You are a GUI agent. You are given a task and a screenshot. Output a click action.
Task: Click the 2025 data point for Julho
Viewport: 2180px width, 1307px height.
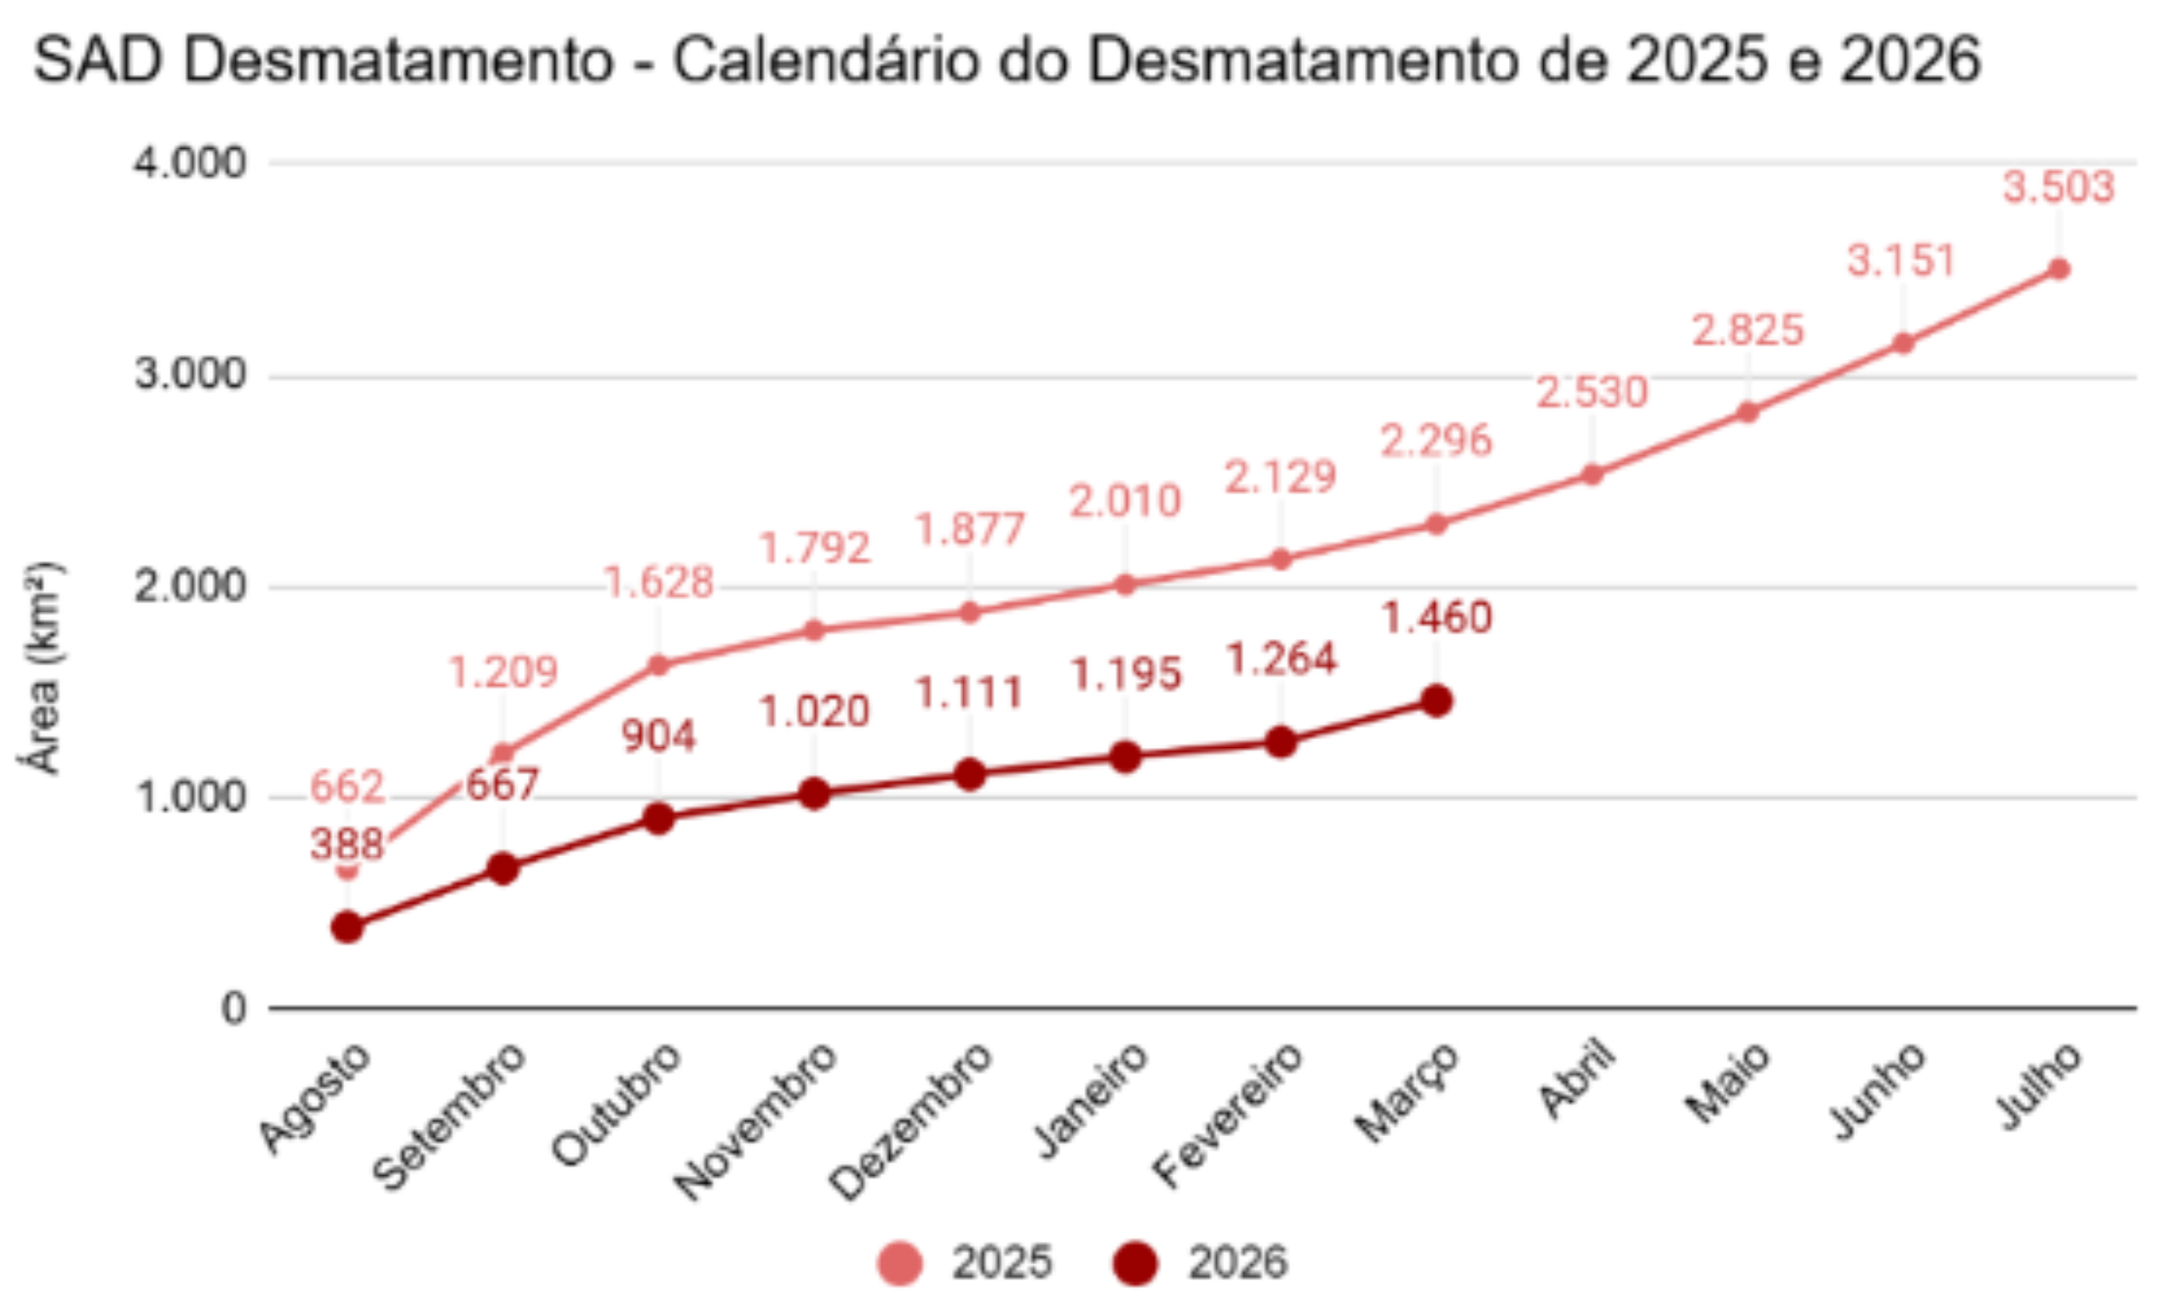[x=2058, y=270]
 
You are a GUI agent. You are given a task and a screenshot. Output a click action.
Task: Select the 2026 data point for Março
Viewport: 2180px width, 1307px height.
[x=1437, y=701]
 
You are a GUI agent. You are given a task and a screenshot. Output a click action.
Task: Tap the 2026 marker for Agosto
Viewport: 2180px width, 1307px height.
[x=347, y=927]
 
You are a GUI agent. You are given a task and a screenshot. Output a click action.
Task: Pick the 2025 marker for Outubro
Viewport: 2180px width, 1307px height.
[x=658, y=665]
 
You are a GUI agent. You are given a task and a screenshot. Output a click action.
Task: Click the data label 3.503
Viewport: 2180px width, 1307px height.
[x=2058, y=187]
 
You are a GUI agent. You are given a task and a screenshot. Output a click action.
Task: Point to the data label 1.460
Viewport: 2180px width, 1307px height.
[x=1437, y=618]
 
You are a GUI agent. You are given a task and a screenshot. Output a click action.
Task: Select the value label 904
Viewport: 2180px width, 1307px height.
[x=658, y=736]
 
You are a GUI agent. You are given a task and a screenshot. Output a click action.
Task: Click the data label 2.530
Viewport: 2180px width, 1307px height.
[x=1592, y=392]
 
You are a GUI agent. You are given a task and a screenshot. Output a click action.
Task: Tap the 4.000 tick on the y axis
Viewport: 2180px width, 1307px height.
[x=189, y=164]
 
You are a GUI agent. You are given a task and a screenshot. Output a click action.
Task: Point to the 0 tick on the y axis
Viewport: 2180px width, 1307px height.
[x=233, y=1008]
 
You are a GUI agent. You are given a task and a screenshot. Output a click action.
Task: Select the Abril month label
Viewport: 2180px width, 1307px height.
[x=1578, y=1078]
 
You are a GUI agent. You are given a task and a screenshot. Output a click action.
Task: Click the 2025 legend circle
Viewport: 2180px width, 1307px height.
[x=899, y=1263]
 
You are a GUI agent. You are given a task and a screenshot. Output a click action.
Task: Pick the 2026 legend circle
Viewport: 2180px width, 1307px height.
[x=1134, y=1263]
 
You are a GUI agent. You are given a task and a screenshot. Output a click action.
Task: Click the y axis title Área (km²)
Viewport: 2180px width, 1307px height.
[x=42, y=667]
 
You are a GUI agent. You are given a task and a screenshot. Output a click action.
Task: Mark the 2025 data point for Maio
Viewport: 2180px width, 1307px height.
[x=1747, y=412]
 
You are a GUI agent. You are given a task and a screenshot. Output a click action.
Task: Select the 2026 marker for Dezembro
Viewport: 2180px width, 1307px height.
[x=969, y=774]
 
